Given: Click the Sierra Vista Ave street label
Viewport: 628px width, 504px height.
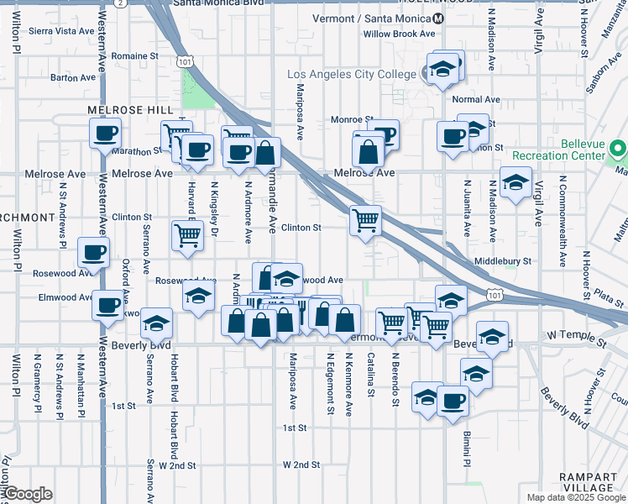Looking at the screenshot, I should pos(62,31).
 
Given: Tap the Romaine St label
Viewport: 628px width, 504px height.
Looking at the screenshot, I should pos(135,56).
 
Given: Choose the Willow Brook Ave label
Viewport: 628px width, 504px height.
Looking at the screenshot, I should pos(399,34).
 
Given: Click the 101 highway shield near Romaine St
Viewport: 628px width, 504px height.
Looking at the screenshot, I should pos(185,61).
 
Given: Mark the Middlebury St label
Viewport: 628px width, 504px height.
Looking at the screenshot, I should pos(503,261).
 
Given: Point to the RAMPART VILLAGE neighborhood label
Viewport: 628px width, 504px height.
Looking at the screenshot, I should pos(588,482).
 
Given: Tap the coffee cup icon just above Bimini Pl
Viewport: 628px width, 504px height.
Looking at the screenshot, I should pos(453,401).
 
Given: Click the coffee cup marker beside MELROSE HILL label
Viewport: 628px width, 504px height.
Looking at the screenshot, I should pos(106,133).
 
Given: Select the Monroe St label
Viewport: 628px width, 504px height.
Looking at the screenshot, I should pos(351,120).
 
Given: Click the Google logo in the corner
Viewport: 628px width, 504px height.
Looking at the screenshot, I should pos(28,494).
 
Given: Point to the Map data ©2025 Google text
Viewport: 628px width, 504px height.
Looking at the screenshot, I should pos(575,497).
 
